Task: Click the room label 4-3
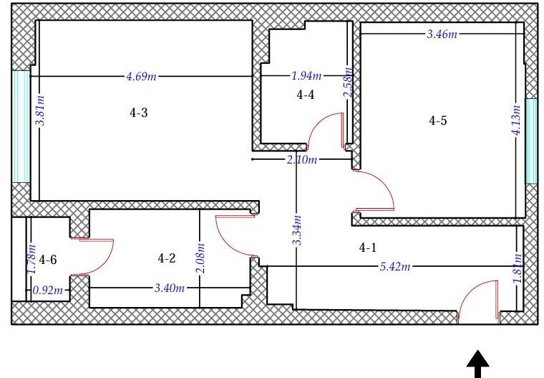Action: coord(139,113)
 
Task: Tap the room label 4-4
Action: coord(306,94)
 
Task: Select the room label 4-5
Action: coord(438,121)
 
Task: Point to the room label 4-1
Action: coord(367,247)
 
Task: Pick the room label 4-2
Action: coord(167,258)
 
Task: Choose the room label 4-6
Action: coord(48,260)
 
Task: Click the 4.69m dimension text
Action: coord(141,76)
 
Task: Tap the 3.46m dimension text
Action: coord(442,34)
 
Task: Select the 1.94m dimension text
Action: coord(306,75)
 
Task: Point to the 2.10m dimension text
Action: coord(302,160)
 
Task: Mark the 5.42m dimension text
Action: coord(395,267)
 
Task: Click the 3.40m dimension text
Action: coord(170,288)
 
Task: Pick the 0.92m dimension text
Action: coord(48,290)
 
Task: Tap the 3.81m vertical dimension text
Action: coord(41,110)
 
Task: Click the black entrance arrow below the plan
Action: coord(478,364)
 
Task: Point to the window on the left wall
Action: coord(21,126)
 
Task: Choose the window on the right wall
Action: coord(531,141)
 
